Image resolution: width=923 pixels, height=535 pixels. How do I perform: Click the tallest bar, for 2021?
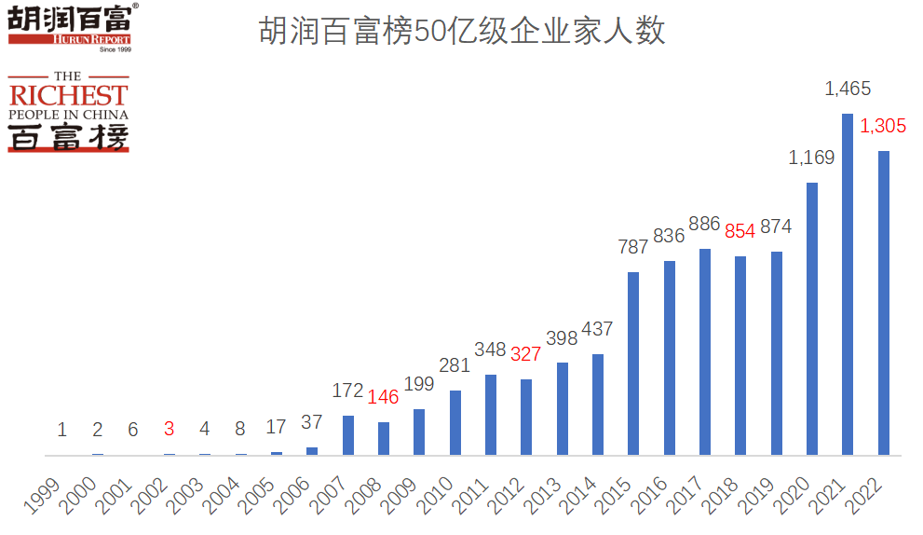coord(848,284)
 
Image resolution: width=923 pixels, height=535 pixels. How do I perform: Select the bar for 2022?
coord(884,303)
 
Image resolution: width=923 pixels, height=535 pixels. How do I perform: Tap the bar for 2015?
coord(633,364)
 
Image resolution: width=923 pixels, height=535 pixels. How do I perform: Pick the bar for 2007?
coord(348,435)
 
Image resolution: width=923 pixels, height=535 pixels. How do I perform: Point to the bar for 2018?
coord(740,355)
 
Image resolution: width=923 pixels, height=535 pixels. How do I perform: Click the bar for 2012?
coord(526,417)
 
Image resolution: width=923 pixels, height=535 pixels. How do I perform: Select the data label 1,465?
coord(848,89)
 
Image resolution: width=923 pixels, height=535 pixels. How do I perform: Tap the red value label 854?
coord(740,232)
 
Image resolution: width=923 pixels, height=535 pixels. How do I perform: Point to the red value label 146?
coord(383,397)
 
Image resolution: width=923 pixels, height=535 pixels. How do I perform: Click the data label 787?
coord(633,248)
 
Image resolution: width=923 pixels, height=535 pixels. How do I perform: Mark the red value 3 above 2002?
coord(169,430)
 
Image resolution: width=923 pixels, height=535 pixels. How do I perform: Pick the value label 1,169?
coord(811,158)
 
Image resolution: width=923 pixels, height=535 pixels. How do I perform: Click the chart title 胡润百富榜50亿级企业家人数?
coord(461,32)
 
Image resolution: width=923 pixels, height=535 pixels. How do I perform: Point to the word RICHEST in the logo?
coord(68,95)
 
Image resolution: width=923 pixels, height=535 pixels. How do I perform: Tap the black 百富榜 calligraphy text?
coord(68,137)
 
